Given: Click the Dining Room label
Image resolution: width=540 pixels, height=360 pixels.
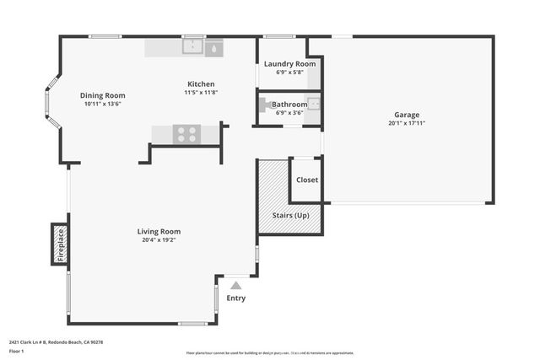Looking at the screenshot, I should (x=102, y=95).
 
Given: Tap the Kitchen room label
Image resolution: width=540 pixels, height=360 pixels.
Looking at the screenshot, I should (x=201, y=84).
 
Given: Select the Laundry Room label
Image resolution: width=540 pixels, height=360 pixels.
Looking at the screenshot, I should (x=289, y=64).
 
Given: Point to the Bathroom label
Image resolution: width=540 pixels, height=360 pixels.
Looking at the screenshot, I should (x=289, y=105).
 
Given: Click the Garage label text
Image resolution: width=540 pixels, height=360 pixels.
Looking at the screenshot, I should (x=406, y=115).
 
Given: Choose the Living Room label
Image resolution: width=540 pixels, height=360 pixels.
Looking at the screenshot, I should (x=159, y=232).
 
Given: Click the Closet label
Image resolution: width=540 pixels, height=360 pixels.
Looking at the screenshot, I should (x=306, y=180).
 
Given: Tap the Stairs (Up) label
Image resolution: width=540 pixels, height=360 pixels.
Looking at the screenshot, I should (x=289, y=215).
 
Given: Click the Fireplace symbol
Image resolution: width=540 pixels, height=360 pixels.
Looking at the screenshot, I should (x=60, y=244).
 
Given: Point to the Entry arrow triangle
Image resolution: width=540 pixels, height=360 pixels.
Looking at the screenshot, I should (x=236, y=287).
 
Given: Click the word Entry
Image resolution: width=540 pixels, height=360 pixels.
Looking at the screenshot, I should (x=236, y=298).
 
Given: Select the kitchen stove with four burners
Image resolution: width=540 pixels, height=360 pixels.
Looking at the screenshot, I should (x=186, y=134).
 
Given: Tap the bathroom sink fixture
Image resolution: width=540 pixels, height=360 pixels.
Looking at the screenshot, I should (x=312, y=105).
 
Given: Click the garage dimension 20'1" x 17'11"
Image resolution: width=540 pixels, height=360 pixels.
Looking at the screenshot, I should (x=406, y=123).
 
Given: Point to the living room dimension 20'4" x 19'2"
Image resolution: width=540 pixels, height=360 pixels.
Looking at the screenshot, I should (x=159, y=240).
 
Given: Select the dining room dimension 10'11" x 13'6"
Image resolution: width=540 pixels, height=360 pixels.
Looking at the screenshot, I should (x=102, y=104).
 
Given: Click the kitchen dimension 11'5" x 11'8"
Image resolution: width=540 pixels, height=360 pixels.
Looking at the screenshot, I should (x=201, y=93).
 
